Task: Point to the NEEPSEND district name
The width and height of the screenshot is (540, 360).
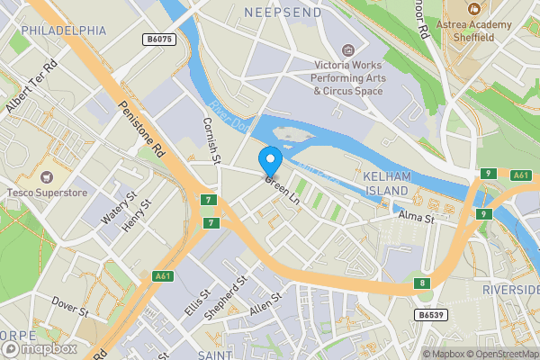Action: click(x=282, y=12)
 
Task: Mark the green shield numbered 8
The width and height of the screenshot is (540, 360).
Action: click(x=421, y=283)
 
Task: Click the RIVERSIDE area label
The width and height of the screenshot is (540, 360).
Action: click(x=510, y=290)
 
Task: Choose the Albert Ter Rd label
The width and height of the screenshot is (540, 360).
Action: click(x=31, y=88)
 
